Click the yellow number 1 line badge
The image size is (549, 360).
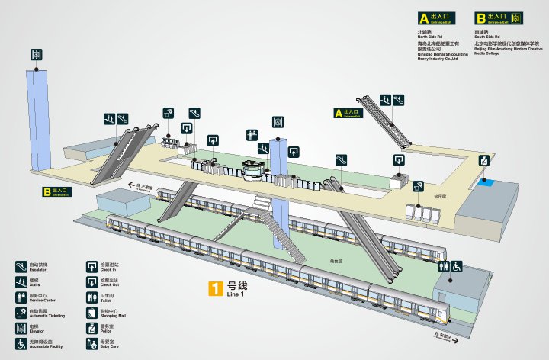(216, 289)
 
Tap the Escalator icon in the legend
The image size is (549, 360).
(20, 266)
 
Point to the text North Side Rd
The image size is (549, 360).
(431, 37)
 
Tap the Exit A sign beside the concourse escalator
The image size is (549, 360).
(347, 114)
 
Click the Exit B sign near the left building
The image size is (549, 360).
(56, 191)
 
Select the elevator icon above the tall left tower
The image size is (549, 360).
(36, 54)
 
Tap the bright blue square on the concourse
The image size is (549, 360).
(486, 184)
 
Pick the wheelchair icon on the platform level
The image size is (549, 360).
(457, 267)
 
